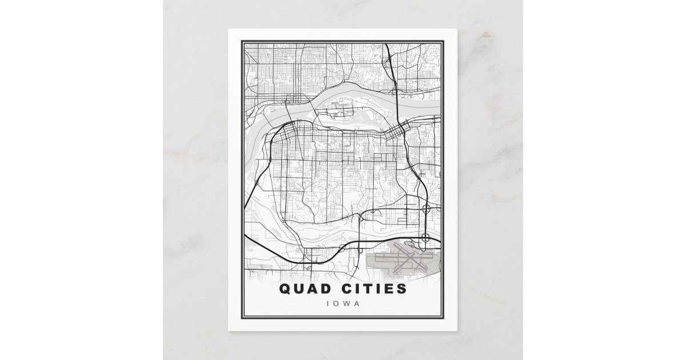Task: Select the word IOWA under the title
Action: [343, 303]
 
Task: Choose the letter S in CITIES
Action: [402, 288]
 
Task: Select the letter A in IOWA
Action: [358, 303]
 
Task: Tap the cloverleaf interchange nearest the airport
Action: [425, 237]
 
